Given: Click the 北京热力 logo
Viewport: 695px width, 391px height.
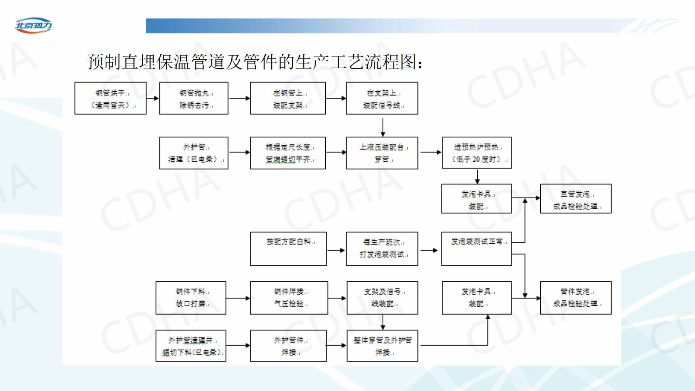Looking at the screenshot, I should point(33,25).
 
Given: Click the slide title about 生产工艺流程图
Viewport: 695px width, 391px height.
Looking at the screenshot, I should point(255,62).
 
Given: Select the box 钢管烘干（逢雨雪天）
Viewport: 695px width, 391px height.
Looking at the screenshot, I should point(110,98).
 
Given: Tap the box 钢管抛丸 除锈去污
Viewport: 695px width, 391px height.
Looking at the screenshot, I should point(194,98).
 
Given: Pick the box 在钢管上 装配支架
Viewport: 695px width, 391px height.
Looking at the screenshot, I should point(288,98).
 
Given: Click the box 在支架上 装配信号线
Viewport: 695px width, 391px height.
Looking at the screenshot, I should point(382,98).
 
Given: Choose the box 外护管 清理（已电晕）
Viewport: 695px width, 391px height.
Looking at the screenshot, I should point(194,153).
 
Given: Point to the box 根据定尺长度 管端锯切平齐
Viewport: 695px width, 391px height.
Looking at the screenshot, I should point(288,153).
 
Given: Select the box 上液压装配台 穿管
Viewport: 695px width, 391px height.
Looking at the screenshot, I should point(382,153).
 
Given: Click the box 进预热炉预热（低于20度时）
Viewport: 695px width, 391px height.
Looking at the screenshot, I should point(477,152).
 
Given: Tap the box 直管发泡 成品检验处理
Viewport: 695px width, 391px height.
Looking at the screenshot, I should point(575,199).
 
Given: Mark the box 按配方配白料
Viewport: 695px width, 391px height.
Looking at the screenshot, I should point(288,249).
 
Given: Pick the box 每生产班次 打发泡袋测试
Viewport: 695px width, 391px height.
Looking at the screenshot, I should point(382,249).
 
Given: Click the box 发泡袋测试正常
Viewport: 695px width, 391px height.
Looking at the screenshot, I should point(476,249).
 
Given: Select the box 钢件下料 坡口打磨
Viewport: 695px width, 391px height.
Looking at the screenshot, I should point(191,298).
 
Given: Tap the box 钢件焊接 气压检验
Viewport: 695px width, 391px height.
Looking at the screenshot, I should point(289,298).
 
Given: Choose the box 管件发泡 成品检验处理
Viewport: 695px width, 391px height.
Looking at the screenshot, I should point(575,298).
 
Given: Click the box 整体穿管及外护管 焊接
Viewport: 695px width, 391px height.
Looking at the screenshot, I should point(382,346).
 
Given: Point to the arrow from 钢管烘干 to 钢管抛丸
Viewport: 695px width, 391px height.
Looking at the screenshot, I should point(153,98).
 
